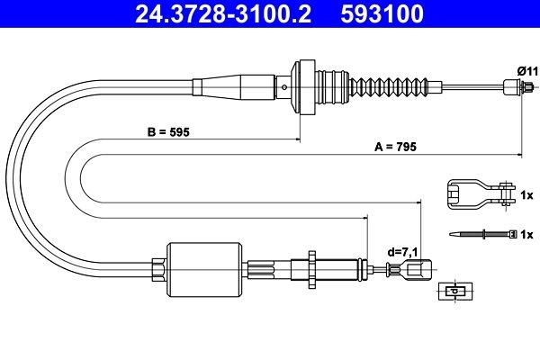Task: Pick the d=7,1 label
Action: pyautogui.click(x=400, y=252)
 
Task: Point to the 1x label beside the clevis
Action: pyautogui.click(x=526, y=193)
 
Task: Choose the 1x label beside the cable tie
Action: pyautogui.click(x=526, y=234)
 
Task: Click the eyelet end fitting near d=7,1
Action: pyautogui.click(x=421, y=269)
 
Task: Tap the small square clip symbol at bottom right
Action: pyautogui.click(x=455, y=292)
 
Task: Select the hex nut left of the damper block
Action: pyautogui.click(x=158, y=269)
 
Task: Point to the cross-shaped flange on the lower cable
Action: pyautogui.click(x=310, y=268)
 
